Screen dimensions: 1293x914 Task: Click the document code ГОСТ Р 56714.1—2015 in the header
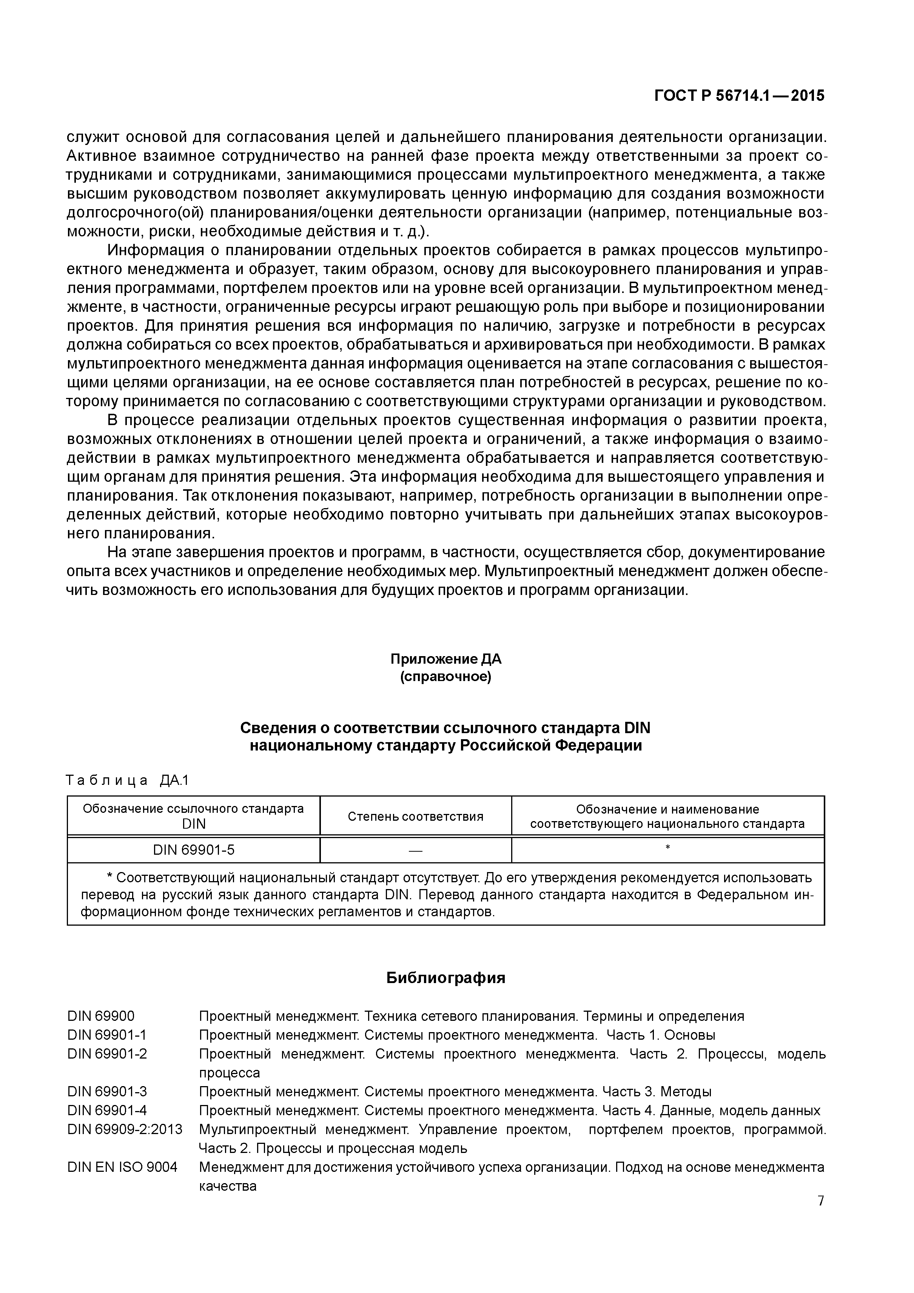coord(739,96)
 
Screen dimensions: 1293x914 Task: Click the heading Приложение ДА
coord(445,659)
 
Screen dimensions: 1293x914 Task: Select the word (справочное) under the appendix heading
coord(445,677)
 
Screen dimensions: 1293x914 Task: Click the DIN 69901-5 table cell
coord(193,850)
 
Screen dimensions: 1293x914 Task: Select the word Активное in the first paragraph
coord(100,156)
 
